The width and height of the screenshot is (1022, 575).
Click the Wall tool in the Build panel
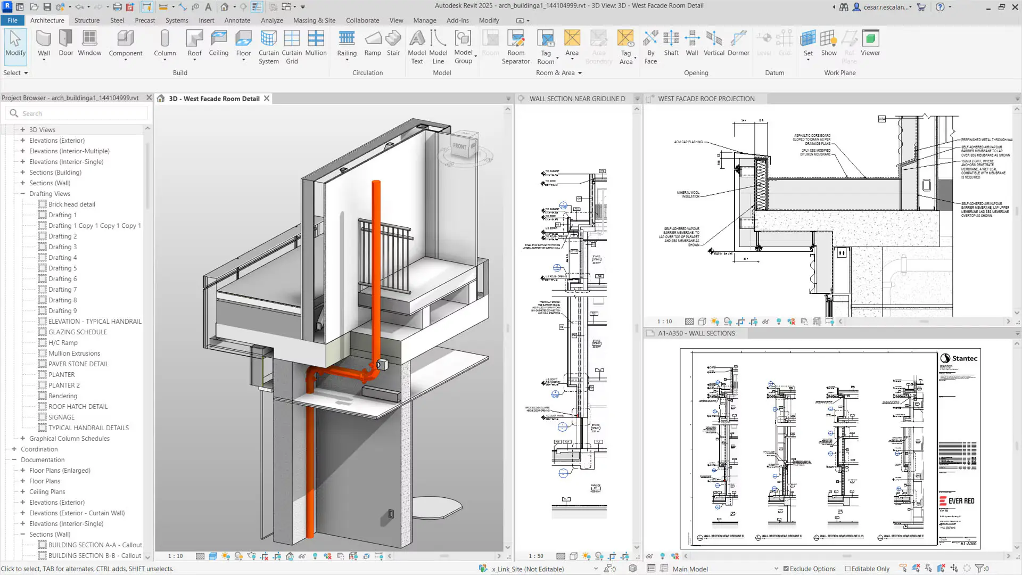44,43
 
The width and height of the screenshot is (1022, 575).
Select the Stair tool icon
393,43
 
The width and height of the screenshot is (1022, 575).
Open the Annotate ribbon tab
237,20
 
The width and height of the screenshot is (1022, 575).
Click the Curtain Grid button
292,46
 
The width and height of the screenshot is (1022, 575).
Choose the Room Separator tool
515,46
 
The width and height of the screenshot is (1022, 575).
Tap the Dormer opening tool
738,43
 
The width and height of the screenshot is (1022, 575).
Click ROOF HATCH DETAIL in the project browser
78,406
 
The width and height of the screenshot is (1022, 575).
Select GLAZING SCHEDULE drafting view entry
78,332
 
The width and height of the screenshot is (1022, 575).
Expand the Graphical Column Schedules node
23,438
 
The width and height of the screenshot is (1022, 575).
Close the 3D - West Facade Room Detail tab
267,98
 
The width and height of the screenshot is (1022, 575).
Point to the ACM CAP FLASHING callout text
688,142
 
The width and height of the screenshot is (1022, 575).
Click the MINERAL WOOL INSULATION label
688,194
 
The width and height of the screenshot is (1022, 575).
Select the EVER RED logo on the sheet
957,501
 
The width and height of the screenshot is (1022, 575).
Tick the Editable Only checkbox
848,569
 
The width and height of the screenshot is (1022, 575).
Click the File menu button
12,20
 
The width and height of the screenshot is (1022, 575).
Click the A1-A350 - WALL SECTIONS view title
696,333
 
